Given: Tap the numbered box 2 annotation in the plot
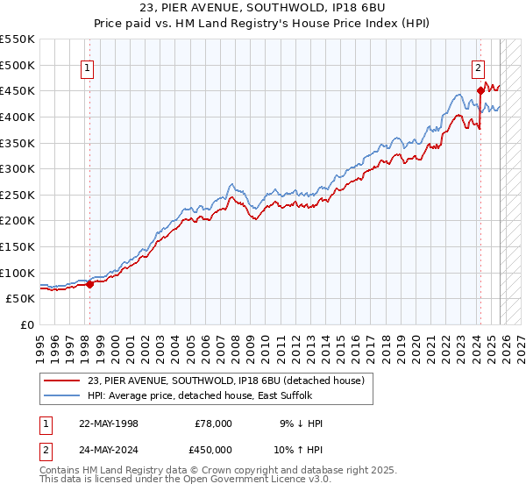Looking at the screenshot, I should pyautogui.click(x=479, y=68).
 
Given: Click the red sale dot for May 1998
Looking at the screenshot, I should pyautogui.click(x=89, y=283).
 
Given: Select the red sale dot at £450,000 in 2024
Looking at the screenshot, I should pyautogui.click(x=480, y=90).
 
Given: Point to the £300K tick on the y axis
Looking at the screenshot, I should pyautogui.click(x=18, y=168).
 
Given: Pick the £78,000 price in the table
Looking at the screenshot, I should pyautogui.click(x=213, y=423).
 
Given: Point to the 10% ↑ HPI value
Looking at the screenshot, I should pyautogui.click(x=299, y=449).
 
